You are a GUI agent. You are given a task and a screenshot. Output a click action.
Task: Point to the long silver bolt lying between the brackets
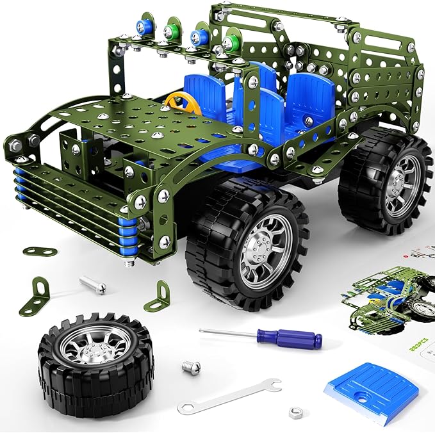[x=94, y=284]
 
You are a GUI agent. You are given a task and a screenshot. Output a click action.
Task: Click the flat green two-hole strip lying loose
[x=37, y=251]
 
